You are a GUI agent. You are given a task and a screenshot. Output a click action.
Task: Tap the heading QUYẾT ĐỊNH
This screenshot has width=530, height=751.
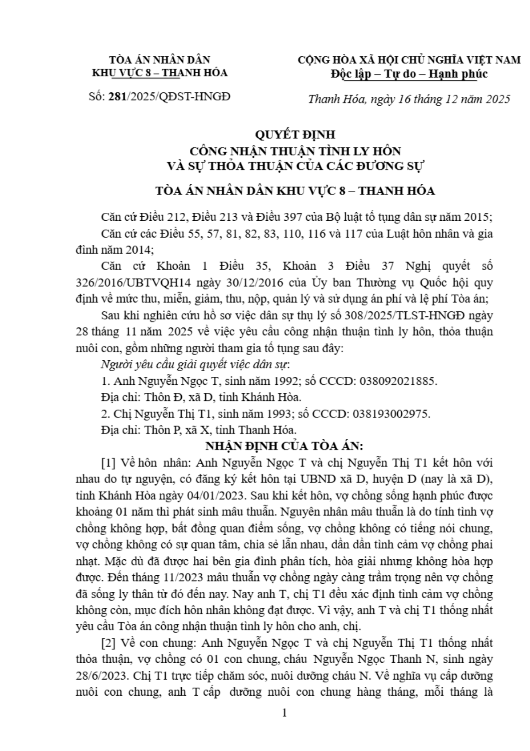[294, 134]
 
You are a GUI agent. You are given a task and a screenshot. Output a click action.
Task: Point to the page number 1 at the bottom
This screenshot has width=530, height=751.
[285, 713]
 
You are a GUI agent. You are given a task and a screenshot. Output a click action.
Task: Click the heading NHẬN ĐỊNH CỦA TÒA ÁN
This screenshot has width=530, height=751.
[284, 446]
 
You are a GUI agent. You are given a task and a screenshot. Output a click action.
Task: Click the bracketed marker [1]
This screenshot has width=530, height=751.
[109, 463]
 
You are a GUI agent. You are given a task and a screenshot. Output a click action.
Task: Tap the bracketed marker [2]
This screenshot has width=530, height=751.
[109, 643]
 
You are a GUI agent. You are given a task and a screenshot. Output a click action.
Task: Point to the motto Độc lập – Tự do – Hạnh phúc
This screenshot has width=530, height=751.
[409, 74]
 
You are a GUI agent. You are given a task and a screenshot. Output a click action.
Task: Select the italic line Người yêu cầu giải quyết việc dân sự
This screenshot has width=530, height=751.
[195, 365]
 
